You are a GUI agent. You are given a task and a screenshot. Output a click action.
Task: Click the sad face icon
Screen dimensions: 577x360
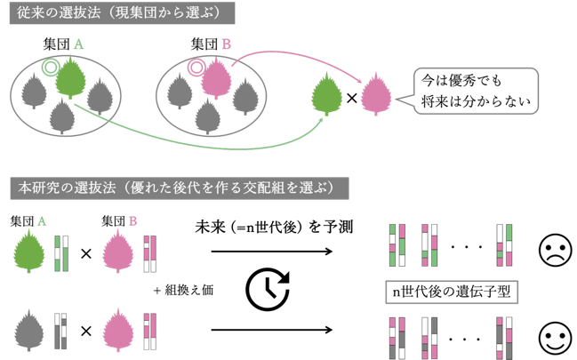click(x=556, y=250)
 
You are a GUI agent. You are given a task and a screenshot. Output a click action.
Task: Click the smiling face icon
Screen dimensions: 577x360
click(x=556, y=339)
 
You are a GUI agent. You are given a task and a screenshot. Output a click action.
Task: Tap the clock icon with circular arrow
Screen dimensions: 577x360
click(x=268, y=289)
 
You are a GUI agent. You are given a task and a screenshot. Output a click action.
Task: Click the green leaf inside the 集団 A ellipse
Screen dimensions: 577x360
click(x=70, y=78)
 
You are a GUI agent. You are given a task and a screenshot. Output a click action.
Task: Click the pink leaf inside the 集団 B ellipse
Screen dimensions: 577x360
click(x=216, y=78)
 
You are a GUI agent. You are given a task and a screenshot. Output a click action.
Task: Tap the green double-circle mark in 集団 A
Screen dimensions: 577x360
click(x=51, y=68)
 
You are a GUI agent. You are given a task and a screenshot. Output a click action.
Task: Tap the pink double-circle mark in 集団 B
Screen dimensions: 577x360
click(x=196, y=68)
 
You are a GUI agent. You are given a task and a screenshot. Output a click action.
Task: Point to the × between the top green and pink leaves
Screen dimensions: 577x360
click(x=352, y=98)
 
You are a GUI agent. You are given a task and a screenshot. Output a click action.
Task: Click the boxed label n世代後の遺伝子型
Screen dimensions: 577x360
click(x=452, y=292)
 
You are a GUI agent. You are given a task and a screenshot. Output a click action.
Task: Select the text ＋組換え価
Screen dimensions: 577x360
click(x=183, y=291)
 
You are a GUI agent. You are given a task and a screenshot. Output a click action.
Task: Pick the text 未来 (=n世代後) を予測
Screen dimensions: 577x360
click(x=274, y=227)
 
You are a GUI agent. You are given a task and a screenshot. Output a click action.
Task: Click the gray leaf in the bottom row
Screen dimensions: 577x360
click(x=29, y=330)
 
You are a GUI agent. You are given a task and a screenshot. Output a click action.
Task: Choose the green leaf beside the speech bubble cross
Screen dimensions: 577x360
click(x=326, y=94)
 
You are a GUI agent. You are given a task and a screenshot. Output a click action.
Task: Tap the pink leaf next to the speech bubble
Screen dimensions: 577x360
click(x=376, y=94)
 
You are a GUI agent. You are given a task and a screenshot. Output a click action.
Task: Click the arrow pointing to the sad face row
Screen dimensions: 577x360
click(x=271, y=252)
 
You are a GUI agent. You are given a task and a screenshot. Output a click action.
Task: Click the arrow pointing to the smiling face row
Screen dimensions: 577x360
click(x=271, y=330)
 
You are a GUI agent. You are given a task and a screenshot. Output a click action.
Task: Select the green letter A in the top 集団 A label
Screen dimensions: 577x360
click(x=78, y=44)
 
